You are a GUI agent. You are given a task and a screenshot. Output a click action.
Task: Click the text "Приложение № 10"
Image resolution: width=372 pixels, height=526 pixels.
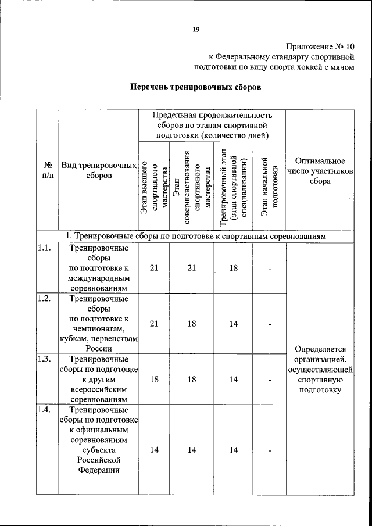[x=320, y=46]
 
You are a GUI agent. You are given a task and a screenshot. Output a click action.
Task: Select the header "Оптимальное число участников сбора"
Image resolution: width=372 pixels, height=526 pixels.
[x=320, y=170]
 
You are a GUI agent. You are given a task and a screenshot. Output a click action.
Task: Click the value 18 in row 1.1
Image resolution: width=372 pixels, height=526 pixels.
[x=233, y=268]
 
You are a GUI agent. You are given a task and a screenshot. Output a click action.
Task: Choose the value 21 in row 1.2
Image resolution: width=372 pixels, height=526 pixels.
[x=154, y=324]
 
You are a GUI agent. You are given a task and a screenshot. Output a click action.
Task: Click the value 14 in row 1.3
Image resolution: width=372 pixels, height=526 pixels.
[x=233, y=379]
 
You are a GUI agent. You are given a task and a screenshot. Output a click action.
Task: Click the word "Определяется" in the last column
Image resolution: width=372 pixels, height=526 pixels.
[x=320, y=349]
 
